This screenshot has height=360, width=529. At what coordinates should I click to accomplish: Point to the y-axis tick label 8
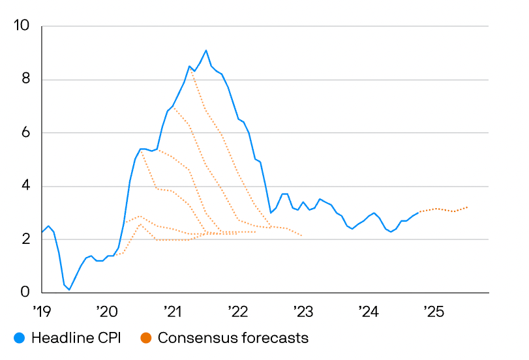pyautogui.click(x=25, y=80)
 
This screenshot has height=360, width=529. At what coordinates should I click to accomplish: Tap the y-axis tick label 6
pyautogui.click(x=25, y=133)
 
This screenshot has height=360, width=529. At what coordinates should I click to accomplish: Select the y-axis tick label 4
pyautogui.click(x=25, y=187)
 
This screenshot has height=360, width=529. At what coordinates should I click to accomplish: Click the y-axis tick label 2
pyautogui.click(x=25, y=240)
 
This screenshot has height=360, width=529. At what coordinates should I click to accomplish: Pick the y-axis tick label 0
pyautogui.click(x=25, y=293)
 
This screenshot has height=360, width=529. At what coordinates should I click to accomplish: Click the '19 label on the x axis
pyautogui.click(x=42, y=310)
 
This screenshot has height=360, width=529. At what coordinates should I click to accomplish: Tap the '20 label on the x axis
pyautogui.click(x=106, y=310)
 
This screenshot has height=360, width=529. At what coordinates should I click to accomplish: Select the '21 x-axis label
pyautogui.click(x=172, y=310)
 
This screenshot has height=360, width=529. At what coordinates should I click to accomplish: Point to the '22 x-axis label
pyautogui.click(x=237, y=310)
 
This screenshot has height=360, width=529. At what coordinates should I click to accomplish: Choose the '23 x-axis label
pyautogui.click(x=303, y=310)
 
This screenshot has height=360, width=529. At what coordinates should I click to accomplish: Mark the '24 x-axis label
pyautogui.click(x=368, y=310)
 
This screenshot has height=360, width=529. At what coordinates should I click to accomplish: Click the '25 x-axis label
pyautogui.click(x=433, y=310)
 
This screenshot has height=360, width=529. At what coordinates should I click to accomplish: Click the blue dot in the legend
pyautogui.click(x=20, y=338)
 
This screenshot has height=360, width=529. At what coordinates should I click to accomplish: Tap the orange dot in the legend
pyautogui.click(x=146, y=338)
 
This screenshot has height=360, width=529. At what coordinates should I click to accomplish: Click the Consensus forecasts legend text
pyautogui.click(x=233, y=338)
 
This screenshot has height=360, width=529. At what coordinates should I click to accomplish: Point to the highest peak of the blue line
pyautogui.click(x=206, y=50)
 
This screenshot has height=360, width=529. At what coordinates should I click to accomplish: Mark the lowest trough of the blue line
pyautogui.click(x=70, y=289)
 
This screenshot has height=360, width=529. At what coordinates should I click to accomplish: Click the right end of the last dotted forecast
pyautogui.click(x=468, y=207)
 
